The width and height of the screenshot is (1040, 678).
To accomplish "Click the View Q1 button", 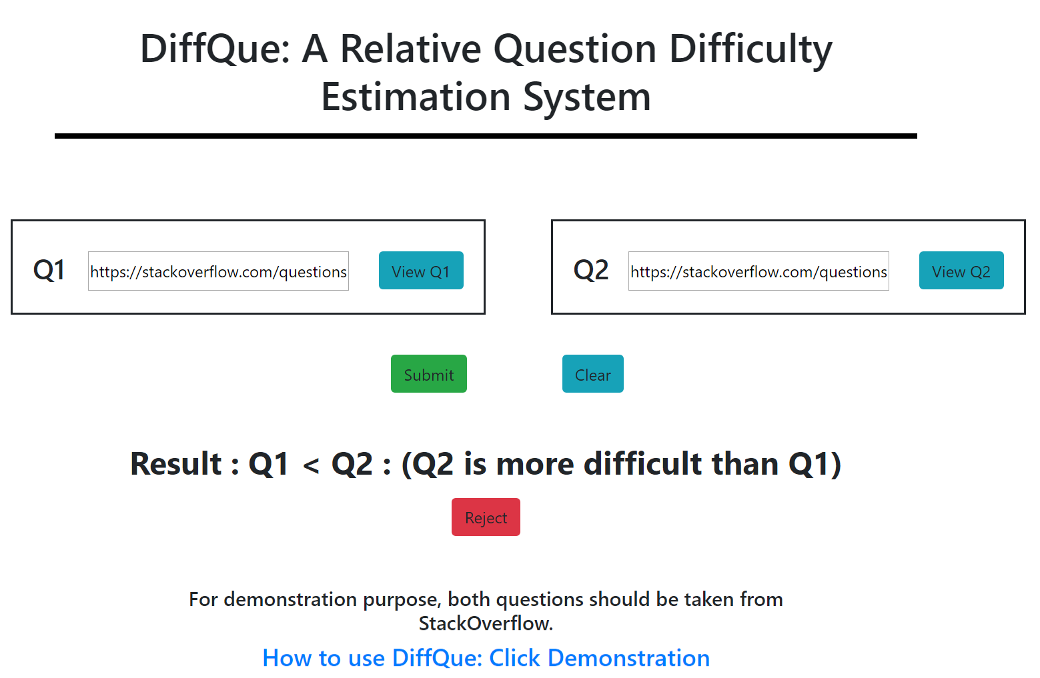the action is pyautogui.click(x=421, y=271).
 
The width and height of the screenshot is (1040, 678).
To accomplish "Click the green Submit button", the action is pyautogui.click(x=428, y=373).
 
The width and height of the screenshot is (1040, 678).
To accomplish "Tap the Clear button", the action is pyautogui.click(x=593, y=373).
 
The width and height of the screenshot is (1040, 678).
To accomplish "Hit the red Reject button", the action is pyautogui.click(x=486, y=517).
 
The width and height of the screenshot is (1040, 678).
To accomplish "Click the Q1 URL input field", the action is pyautogui.click(x=218, y=271).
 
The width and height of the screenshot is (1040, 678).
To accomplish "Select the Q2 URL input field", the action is pyautogui.click(x=758, y=271).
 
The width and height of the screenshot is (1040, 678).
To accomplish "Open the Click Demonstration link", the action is pyautogui.click(x=600, y=657).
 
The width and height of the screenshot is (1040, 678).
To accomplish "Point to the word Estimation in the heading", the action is pyautogui.click(x=416, y=97).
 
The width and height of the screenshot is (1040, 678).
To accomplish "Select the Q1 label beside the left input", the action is pyautogui.click(x=49, y=270).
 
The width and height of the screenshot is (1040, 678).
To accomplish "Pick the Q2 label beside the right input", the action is pyautogui.click(x=590, y=270).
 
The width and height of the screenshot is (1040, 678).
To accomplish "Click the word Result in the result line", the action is pyautogui.click(x=176, y=463).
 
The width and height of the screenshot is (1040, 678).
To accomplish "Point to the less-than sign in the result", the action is pyautogui.click(x=311, y=465).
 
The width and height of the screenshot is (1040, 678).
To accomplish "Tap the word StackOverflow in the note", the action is pyautogui.click(x=486, y=623).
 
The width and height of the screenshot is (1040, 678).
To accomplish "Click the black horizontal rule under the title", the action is pyautogui.click(x=486, y=136).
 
